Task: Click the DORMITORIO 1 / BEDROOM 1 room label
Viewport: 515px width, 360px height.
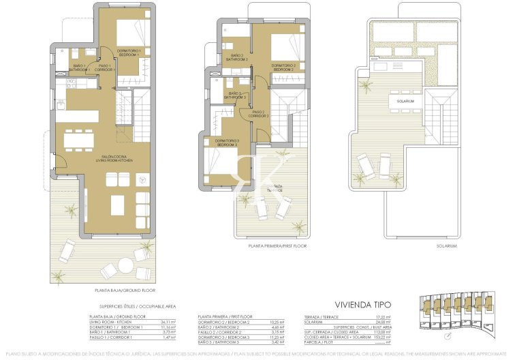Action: (x=129, y=52)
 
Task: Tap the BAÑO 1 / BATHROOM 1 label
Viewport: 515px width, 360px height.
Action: (x=80, y=67)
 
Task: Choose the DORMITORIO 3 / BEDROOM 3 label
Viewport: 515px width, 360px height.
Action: (x=228, y=143)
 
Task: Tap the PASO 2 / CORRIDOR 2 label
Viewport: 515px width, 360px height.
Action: (x=259, y=115)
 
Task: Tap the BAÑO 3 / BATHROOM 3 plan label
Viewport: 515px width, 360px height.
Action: (x=236, y=95)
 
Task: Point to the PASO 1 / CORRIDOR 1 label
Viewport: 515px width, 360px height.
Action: (x=106, y=67)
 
